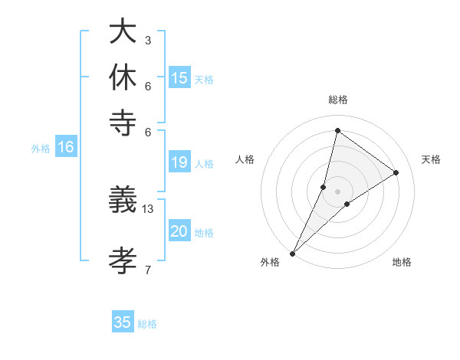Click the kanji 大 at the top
point(122,31)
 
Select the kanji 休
point(122,77)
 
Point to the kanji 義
point(122,200)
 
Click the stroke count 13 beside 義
point(148,208)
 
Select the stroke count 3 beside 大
point(147,40)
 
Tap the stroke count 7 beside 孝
point(147,270)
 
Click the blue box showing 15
point(179,78)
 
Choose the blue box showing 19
point(179,162)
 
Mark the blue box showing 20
point(179,232)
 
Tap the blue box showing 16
point(66,148)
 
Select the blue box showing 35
point(123,322)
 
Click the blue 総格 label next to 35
point(147,324)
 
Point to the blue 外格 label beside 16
point(41,149)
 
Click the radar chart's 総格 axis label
point(337,100)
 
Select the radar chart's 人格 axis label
point(245,159)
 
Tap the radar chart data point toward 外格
point(293,253)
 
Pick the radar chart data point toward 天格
point(396,173)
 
